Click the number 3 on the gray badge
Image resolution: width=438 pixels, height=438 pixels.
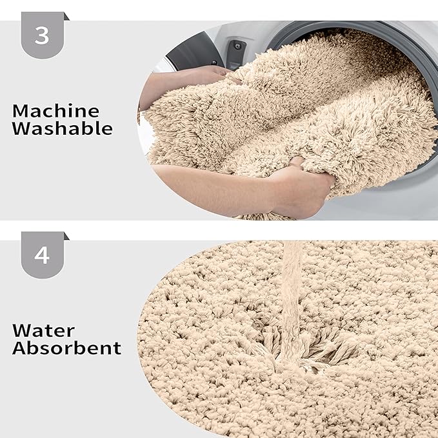[41, 35]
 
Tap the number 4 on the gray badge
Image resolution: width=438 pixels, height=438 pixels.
[41, 255]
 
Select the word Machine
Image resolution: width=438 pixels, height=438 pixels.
[56, 111]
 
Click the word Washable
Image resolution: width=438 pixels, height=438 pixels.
[63, 128]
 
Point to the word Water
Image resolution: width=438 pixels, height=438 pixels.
[43, 332]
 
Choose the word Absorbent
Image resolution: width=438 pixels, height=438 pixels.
[67, 349]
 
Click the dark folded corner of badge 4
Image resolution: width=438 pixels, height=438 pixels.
[65, 236]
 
